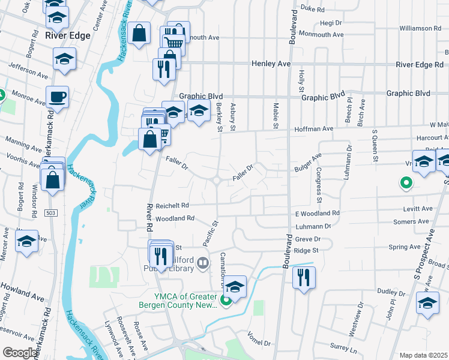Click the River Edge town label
pos(67,35)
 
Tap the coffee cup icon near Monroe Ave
pos(58,96)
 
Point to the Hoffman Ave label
pos(313,128)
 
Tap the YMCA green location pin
pos(226,301)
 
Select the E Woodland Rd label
pos(317,213)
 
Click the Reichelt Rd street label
pos(172,205)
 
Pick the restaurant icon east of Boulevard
pos(304,277)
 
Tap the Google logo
pos(20,353)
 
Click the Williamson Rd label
pos(420,28)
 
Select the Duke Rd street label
pos(312,9)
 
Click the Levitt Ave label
pos(418,209)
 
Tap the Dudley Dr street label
pos(391,292)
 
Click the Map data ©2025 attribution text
pos(424,355)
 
